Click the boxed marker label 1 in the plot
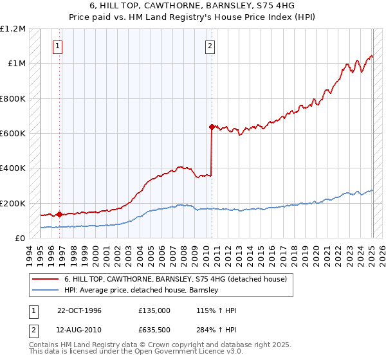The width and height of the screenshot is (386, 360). click(58, 46)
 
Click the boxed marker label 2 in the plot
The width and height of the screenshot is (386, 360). click(210, 46)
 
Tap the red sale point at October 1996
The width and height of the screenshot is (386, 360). click(60, 214)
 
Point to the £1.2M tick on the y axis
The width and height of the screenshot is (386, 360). click(13, 29)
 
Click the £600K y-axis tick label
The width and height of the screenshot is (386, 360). click(13, 134)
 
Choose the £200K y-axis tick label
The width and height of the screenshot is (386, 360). click(13, 203)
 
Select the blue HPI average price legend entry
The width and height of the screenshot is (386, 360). click(142, 290)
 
